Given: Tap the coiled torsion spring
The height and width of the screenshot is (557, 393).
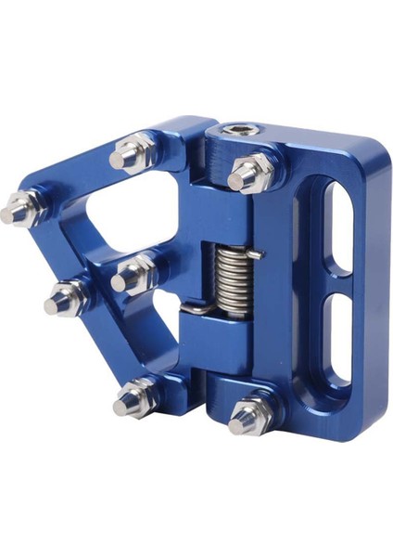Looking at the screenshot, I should tap(236, 276).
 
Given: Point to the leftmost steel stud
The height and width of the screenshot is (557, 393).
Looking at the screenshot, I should tap(17, 212).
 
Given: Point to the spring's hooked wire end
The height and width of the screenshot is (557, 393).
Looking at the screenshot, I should tap(189, 308).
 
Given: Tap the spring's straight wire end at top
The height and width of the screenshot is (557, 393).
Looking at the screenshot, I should tap(259, 253).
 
